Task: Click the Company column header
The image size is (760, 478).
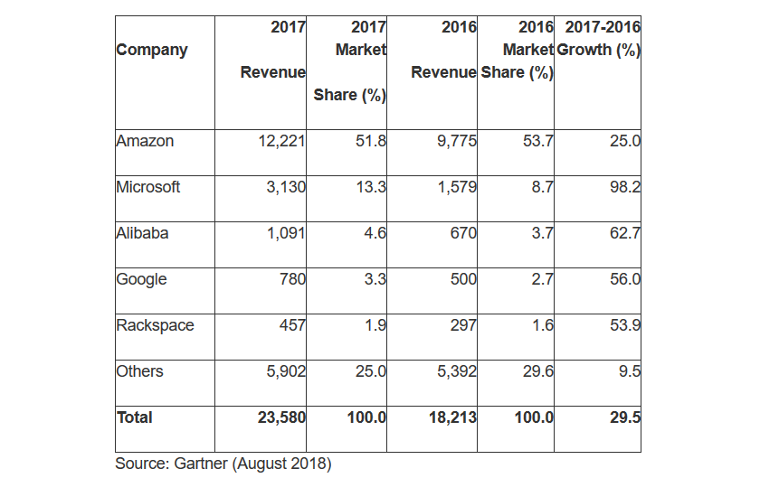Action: coord(152,50)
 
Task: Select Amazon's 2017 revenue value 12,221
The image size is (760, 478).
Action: coord(280,141)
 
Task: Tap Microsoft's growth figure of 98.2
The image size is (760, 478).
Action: coord(623,187)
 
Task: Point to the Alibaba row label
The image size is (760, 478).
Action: coord(142,233)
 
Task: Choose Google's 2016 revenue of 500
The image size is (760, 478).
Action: coord(463,279)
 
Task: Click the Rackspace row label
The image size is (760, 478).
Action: coord(155,325)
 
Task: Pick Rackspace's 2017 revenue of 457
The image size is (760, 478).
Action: coord(290,325)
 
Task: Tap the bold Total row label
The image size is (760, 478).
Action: coord(135,417)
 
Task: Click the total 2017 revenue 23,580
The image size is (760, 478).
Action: coord(280,417)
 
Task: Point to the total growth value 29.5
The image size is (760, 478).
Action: coord(623,417)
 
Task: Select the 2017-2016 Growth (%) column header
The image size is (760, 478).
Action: coord(598,39)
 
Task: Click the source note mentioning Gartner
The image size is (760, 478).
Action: coord(223,464)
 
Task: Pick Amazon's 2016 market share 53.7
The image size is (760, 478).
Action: coord(537,141)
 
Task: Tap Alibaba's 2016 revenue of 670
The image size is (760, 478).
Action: coord(463,233)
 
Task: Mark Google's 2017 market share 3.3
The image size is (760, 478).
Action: coord(375,279)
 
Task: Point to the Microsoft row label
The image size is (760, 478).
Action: coord(148,187)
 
